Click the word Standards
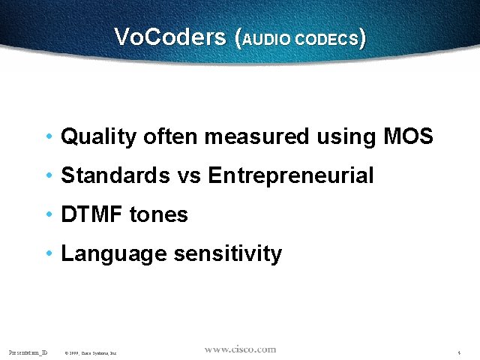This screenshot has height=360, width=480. point(115,175)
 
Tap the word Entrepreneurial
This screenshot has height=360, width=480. point(290,176)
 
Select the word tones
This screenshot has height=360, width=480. point(158,215)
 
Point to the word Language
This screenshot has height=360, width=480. point(113,254)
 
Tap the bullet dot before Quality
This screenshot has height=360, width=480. point(49,137)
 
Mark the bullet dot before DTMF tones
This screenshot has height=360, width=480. point(49,215)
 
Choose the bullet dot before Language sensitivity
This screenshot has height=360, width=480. point(49,254)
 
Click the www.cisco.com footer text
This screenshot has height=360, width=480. point(240,349)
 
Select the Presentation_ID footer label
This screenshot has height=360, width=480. point(28,351)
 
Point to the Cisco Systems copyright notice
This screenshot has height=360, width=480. point(90,352)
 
